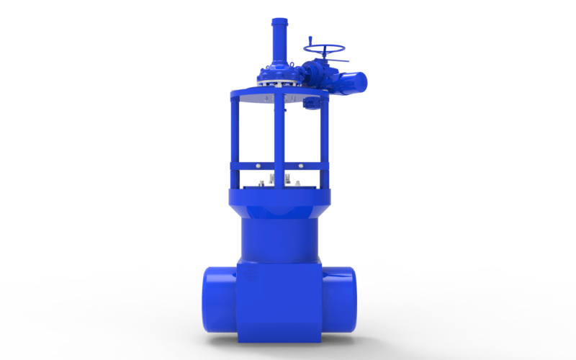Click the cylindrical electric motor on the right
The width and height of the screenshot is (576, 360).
(x=352, y=79)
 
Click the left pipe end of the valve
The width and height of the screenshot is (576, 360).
(x=216, y=299)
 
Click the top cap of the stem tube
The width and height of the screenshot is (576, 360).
(x=279, y=22)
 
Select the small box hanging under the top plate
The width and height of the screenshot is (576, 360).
(x=312, y=104)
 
